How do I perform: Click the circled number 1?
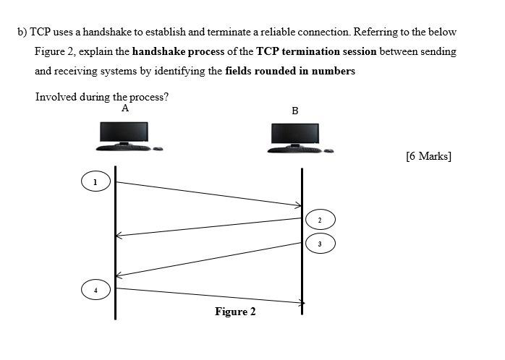95,181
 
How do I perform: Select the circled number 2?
320,218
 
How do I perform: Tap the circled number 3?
320,244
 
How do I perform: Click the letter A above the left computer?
125,108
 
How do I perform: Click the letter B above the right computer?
294,111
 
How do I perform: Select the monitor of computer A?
124,132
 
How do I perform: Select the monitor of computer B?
295,134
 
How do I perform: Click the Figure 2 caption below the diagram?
235,312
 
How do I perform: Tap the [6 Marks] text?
429,155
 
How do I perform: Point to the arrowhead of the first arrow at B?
296,205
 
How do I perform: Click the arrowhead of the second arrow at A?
121,235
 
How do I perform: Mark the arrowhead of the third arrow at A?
121,275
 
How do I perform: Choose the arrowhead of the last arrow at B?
299,302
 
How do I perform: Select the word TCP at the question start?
38,33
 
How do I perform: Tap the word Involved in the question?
56,98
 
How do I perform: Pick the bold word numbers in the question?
332,72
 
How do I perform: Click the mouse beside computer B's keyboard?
328,150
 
